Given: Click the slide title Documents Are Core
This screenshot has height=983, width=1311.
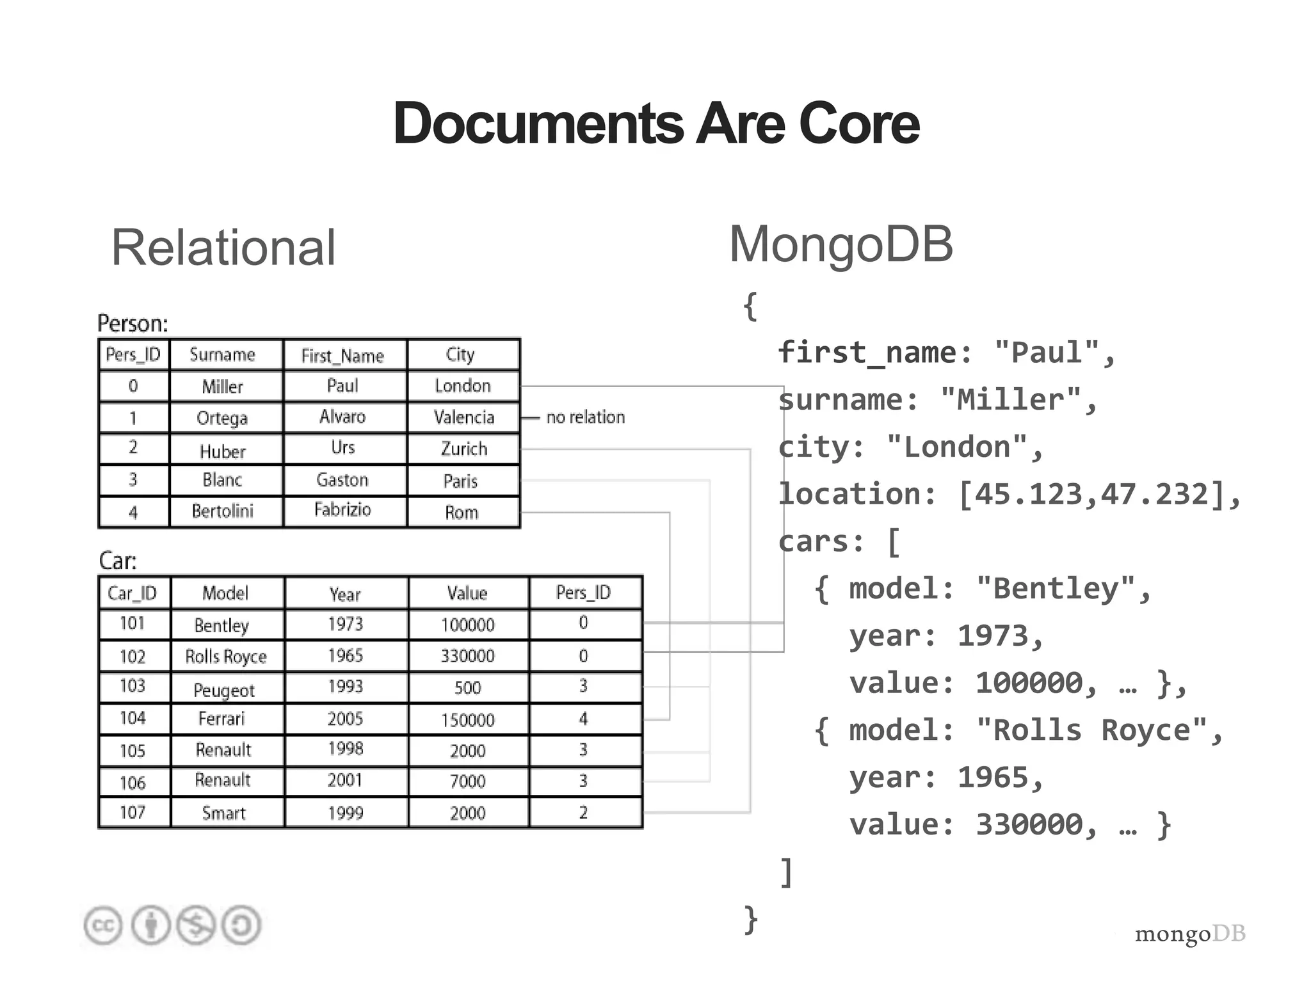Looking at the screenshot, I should tap(656, 123).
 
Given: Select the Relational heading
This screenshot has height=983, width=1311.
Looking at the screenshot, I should tap(223, 248).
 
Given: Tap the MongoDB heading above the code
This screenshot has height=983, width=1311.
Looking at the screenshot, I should tap(840, 244).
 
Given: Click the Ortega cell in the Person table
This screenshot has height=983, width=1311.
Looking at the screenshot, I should tap(222, 418).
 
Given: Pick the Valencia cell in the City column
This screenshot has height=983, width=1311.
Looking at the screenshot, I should tap(463, 417).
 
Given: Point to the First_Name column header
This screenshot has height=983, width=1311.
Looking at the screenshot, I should tap(342, 355).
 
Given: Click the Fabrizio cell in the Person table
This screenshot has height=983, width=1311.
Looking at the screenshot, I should tap(342, 510).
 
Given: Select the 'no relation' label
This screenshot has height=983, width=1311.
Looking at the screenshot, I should tap(585, 417).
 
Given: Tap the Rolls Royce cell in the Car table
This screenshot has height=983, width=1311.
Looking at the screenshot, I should tap(225, 657).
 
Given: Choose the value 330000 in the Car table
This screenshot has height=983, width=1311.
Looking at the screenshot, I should tap(467, 656).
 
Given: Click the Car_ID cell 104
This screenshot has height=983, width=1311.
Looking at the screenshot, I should tap(133, 718).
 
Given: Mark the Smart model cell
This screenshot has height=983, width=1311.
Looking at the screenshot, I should tap(223, 813).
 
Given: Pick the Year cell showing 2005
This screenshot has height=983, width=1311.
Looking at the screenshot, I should tap(345, 719).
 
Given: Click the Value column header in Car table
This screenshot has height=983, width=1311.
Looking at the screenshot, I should tap(467, 593).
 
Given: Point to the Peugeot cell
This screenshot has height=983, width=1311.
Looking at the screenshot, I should tap(223, 690).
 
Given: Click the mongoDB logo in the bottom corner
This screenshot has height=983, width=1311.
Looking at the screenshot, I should tap(1190, 934).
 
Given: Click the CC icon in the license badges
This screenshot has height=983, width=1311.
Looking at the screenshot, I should tap(103, 925).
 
